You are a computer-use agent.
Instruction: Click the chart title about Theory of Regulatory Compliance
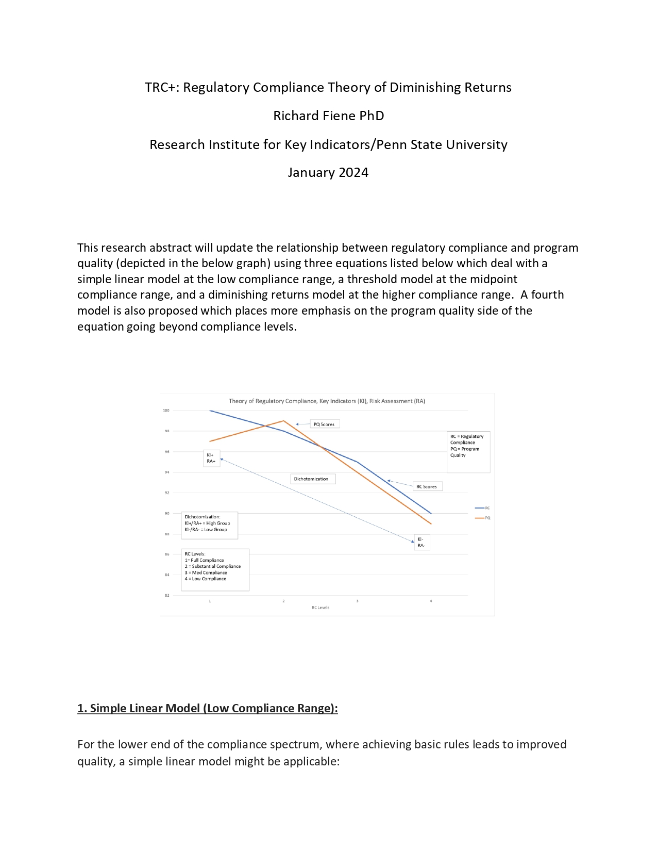327,401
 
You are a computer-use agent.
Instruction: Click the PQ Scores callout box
325,424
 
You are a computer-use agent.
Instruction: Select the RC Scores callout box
427,486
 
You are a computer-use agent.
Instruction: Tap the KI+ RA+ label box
211,458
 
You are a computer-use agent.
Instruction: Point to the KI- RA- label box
422,543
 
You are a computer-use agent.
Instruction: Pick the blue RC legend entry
482,508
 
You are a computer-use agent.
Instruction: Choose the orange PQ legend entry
482,518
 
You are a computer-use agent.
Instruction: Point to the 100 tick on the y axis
166,411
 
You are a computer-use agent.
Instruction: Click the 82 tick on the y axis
166,595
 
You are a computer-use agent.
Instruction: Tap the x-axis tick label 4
431,601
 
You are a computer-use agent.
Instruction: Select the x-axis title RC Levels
320,608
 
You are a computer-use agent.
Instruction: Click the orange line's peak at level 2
283,421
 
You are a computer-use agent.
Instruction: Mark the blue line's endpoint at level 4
431,513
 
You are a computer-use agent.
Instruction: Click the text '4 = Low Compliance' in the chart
206,579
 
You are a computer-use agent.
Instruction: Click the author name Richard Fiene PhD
328,116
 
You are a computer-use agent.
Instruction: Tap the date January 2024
328,172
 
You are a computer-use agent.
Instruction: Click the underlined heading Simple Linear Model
207,708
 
